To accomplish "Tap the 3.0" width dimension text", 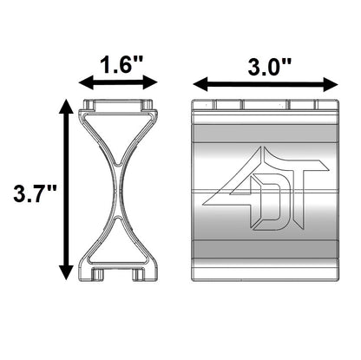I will [266, 64].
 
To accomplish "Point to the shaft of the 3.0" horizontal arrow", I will [266, 84].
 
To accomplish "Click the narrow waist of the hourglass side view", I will [118, 190].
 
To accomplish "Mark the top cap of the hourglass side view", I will [118, 105].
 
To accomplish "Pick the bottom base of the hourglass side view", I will [118, 271].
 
